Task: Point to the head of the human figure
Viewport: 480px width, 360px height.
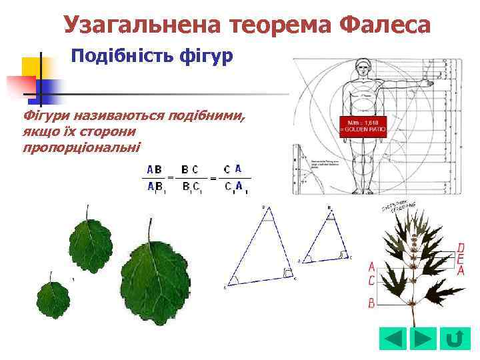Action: [x=363, y=68]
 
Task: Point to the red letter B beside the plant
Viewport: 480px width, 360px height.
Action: [x=371, y=303]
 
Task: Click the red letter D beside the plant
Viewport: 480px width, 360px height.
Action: [x=461, y=248]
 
